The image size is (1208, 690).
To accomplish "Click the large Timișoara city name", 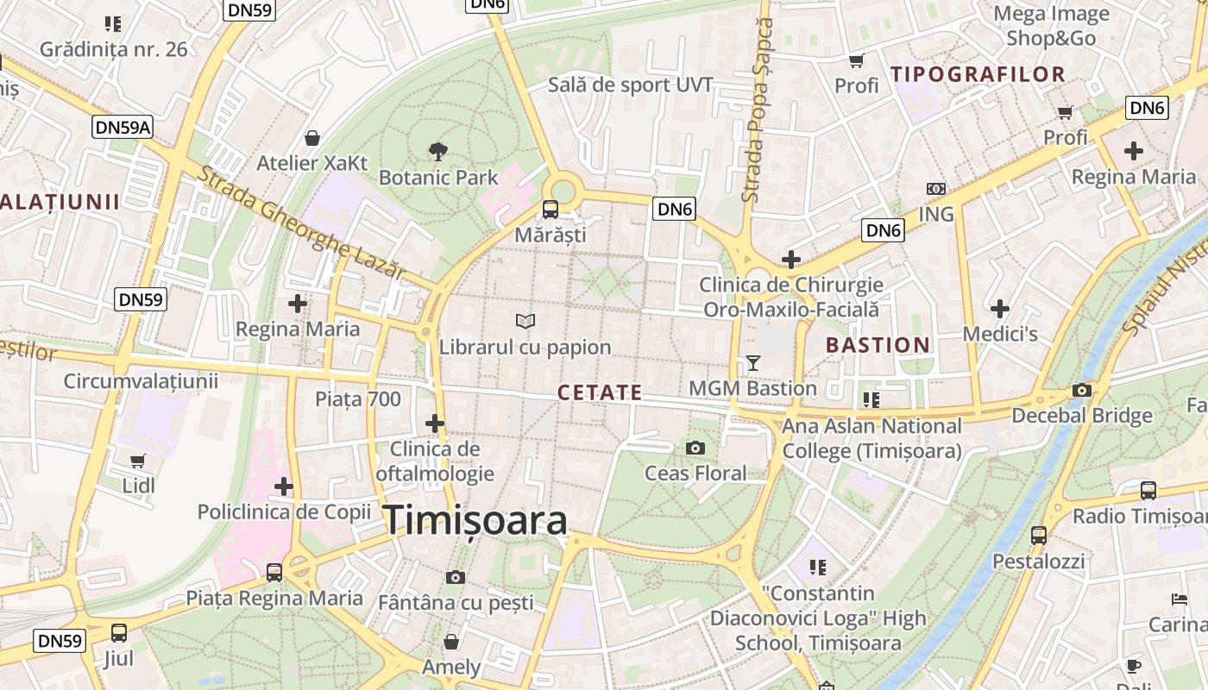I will click(x=475, y=520).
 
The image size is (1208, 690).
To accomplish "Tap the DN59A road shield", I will click(x=123, y=128).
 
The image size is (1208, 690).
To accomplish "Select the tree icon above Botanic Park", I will click(x=438, y=152).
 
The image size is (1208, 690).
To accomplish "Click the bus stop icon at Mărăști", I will click(x=550, y=209).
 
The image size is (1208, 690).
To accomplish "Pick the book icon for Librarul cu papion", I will click(x=525, y=322).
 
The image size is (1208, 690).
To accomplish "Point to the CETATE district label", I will click(x=600, y=393).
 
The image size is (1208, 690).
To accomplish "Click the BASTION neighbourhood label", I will click(x=878, y=346).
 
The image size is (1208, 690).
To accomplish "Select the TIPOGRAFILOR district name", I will click(x=978, y=74).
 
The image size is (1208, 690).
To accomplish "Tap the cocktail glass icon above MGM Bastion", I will click(x=753, y=363).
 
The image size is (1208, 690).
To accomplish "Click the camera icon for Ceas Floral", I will click(x=695, y=448).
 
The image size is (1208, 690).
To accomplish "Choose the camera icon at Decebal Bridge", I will click(x=1081, y=390).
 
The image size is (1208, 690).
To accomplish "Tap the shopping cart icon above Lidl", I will click(x=137, y=461).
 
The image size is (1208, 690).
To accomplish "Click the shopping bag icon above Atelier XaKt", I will click(x=312, y=138).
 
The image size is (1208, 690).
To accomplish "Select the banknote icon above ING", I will click(x=936, y=188).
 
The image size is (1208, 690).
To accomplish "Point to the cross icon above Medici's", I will click(x=999, y=308).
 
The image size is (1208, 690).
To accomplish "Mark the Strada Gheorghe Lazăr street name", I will click(x=300, y=222).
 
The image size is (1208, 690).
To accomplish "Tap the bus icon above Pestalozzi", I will click(x=1038, y=535).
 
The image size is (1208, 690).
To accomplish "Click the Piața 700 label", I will click(x=358, y=398).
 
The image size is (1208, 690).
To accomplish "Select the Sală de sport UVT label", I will click(x=631, y=85).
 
